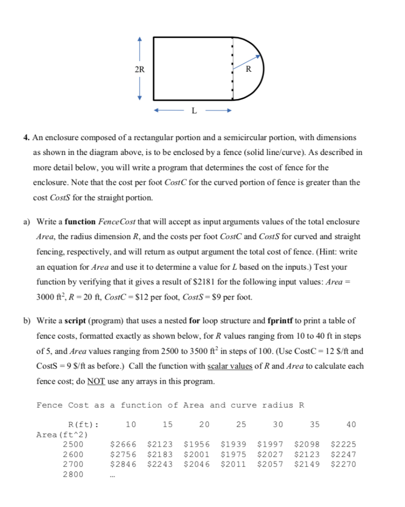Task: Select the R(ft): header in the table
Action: pos(83,424)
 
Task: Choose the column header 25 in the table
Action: pos(241,424)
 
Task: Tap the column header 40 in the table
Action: pos(351,424)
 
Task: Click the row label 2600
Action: pos(73,454)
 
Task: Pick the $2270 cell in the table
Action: pos(343,464)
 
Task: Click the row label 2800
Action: pos(73,474)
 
